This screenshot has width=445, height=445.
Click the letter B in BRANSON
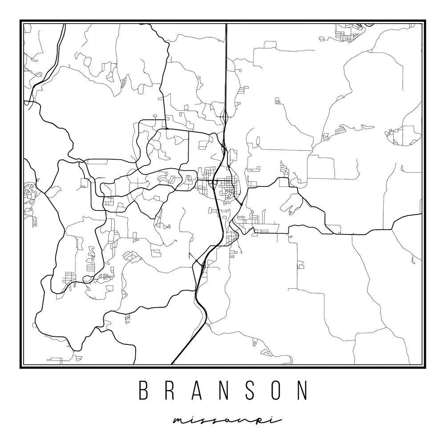143,390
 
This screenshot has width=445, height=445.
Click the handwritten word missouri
227,421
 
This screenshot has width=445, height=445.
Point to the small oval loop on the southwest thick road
88,279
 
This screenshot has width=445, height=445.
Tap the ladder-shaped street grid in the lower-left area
69,277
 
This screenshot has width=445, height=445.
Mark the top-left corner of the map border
21,21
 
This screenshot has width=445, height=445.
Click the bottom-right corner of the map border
424,367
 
